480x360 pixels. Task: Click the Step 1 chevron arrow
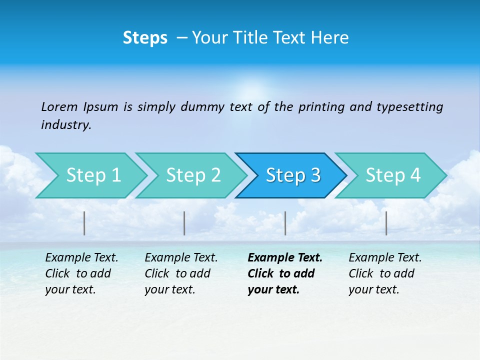[93, 175]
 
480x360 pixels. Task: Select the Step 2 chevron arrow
[193, 175]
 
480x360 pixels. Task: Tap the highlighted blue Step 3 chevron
[293, 175]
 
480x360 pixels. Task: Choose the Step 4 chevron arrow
[393, 175]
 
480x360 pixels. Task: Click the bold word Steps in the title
[145, 38]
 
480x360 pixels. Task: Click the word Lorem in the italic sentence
[59, 106]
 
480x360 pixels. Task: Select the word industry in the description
[65, 125]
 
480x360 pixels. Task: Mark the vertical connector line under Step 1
[84, 223]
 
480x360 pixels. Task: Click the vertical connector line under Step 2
[184, 223]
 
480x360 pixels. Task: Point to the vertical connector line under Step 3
[285, 223]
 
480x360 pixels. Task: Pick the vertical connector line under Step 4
[386, 223]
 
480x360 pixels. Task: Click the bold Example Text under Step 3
[285, 258]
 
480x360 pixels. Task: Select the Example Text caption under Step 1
[82, 258]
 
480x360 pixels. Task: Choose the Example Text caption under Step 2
[181, 258]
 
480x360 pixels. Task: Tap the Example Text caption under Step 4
[385, 258]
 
